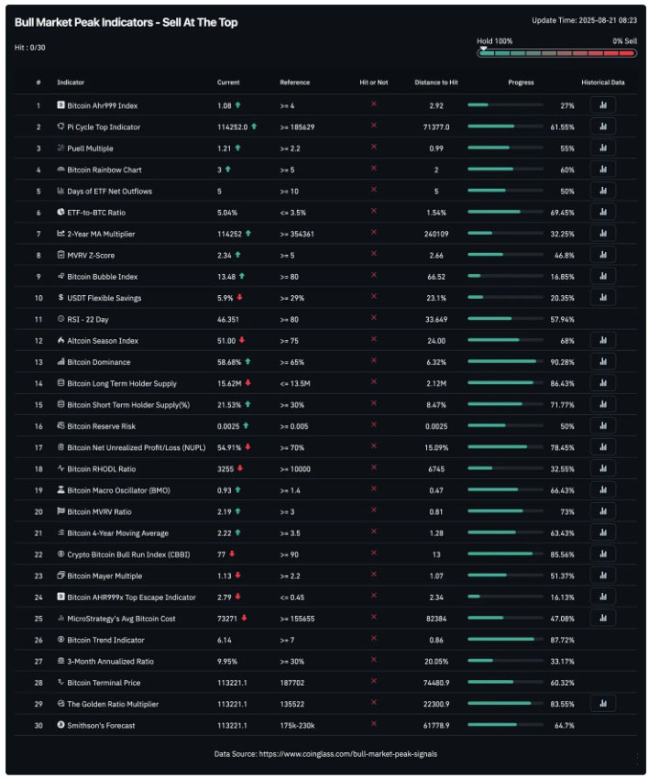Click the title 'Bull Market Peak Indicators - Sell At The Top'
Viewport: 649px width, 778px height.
(126, 22)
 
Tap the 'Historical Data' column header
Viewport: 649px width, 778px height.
(602, 82)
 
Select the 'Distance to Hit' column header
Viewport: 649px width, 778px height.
(435, 82)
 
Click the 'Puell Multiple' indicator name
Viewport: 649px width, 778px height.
(90, 148)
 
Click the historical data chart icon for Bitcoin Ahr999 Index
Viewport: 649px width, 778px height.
(602, 105)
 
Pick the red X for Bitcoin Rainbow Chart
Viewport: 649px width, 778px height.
(373, 170)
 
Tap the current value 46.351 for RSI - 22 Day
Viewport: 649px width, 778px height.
(229, 319)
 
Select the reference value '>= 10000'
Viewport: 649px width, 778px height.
(296, 469)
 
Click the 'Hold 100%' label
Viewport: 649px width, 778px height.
(494, 41)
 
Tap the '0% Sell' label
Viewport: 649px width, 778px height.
(624, 41)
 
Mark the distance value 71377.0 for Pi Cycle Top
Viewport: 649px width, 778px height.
(435, 126)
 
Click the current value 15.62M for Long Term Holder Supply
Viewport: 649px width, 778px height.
(229, 383)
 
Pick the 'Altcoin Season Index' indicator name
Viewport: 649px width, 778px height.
(103, 341)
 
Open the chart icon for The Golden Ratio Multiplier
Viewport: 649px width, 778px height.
(602, 704)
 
